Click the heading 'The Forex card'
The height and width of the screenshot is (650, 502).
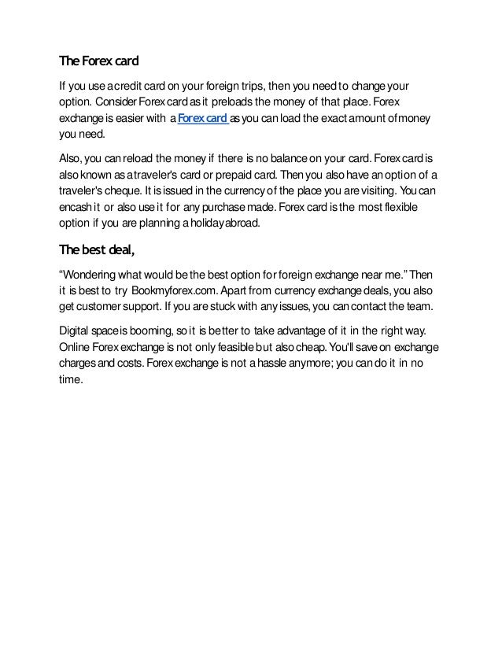coord(99,62)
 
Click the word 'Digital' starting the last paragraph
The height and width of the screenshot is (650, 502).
coord(76,331)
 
